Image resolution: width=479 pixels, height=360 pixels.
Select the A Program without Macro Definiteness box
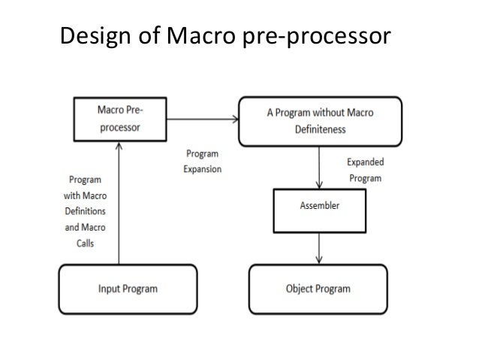(x=320, y=121)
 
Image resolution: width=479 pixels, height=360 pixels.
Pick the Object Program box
(x=318, y=289)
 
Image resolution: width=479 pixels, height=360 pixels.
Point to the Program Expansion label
(x=202, y=161)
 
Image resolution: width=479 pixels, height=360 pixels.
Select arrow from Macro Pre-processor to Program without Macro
(x=202, y=119)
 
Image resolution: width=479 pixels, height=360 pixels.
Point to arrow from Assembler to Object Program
(x=321, y=248)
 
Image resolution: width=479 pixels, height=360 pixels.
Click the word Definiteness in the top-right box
(x=320, y=129)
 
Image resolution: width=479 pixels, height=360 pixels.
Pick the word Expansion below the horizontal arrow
(x=202, y=169)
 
